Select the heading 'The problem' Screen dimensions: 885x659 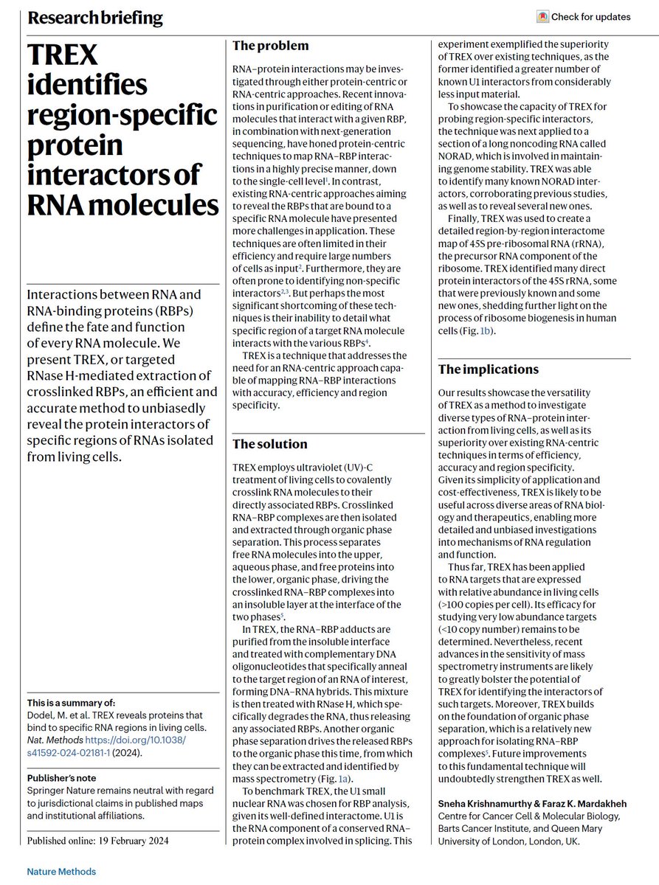[270, 46]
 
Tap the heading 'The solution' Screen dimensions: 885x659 [269, 444]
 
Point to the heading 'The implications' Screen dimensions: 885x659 [489, 369]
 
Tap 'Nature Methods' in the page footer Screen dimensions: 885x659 [62, 871]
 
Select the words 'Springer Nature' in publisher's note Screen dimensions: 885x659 [61, 791]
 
